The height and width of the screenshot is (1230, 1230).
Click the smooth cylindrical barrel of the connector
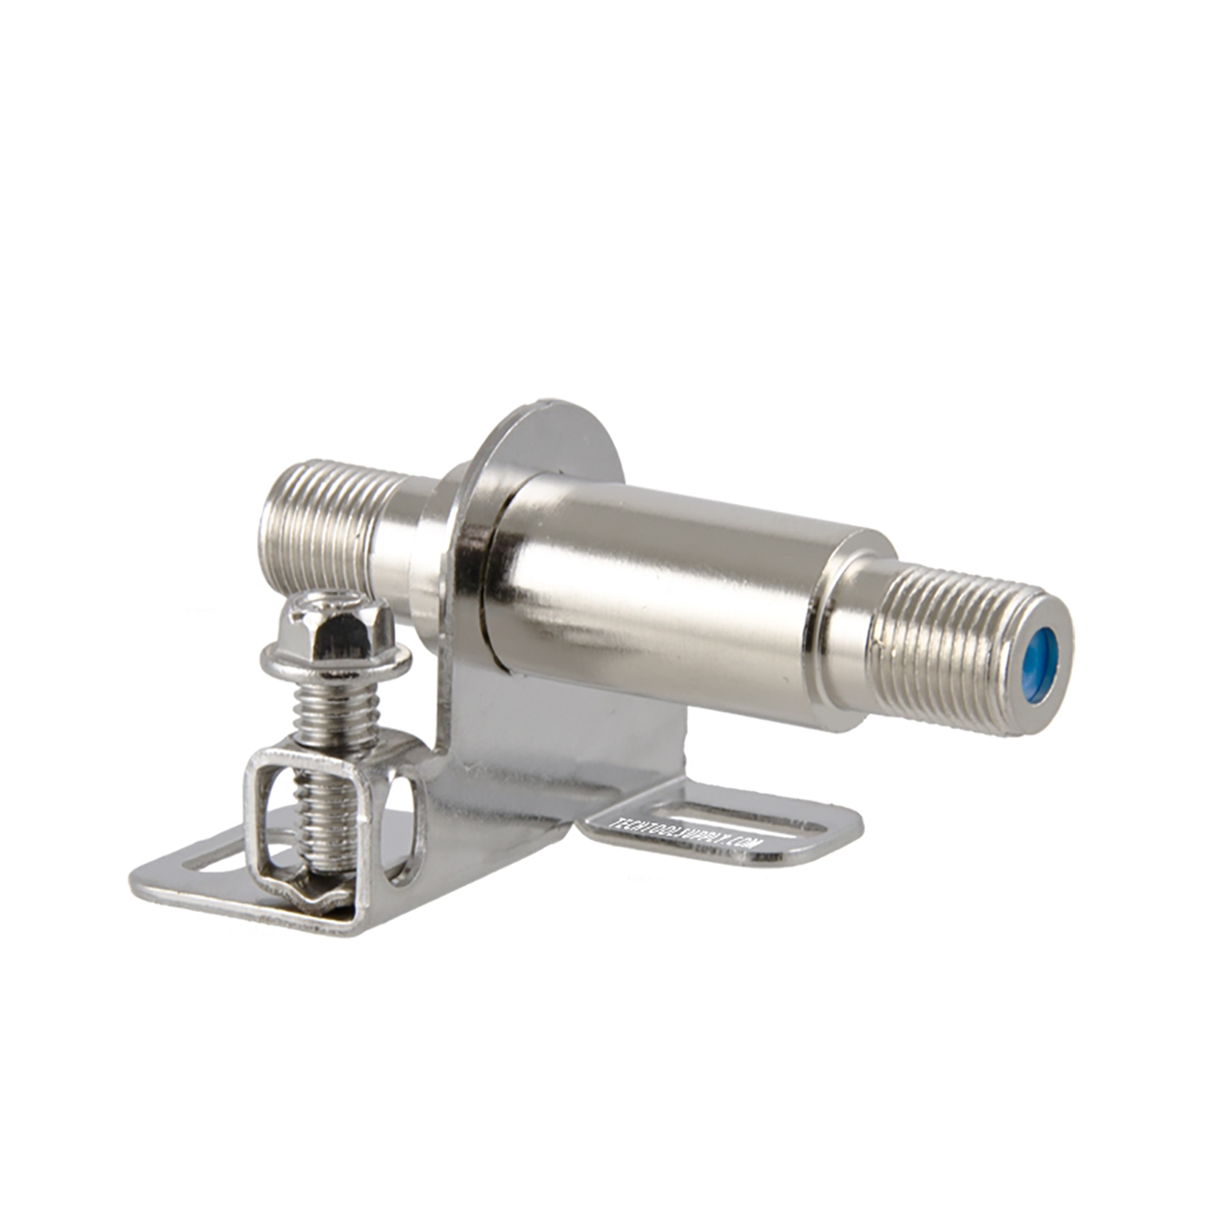[x=656, y=590]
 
